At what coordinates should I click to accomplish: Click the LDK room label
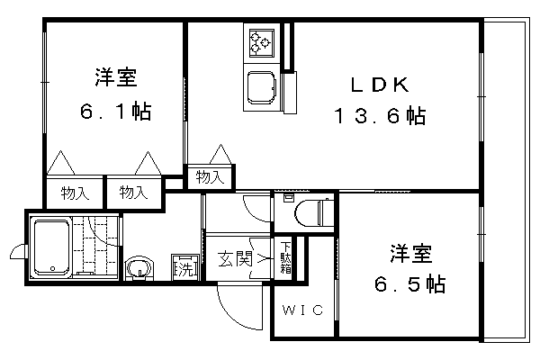(x=380, y=85)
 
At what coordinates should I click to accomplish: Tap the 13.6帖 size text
(x=380, y=116)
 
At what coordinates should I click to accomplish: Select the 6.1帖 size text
(x=116, y=111)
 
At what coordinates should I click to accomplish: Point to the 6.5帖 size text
(x=409, y=284)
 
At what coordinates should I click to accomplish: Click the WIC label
(x=303, y=310)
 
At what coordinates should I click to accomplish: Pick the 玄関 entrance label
(x=235, y=258)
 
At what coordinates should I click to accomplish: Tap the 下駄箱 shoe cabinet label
(x=285, y=257)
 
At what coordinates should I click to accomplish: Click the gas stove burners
(x=262, y=43)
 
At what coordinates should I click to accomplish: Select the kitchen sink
(x=262, y=87)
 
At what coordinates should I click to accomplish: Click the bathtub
(x=51, y=248)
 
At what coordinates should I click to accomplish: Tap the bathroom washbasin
(x=139, y=268)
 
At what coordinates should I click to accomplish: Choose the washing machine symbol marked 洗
(x=185, y=266)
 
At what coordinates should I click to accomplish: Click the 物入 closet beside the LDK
(x=210, y=178)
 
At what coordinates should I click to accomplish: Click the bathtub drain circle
(x=52, y=268)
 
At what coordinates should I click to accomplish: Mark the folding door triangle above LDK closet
(x=220, y=154)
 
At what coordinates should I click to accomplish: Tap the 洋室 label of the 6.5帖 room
(x=410, y=254)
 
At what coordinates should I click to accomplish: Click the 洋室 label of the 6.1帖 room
(x=116, y=77)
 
